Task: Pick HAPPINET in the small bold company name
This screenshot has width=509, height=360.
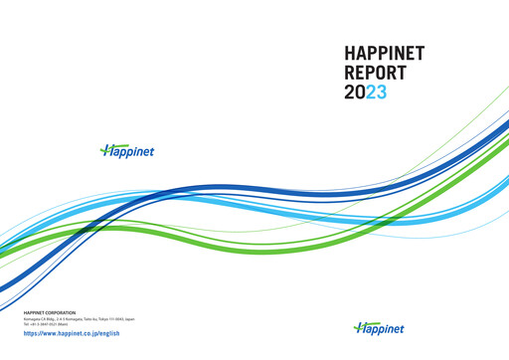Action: click(37, 313)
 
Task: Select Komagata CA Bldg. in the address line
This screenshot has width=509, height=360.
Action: click(41, 319)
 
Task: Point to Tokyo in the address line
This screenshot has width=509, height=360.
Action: click(102, 319)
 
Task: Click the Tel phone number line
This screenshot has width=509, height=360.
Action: click(49, 325)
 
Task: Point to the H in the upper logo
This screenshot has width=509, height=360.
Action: click(107, 151)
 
